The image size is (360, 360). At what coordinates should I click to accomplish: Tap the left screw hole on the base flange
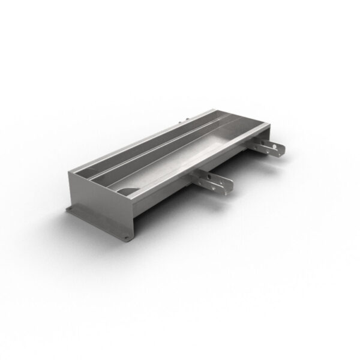pos(73,211)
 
